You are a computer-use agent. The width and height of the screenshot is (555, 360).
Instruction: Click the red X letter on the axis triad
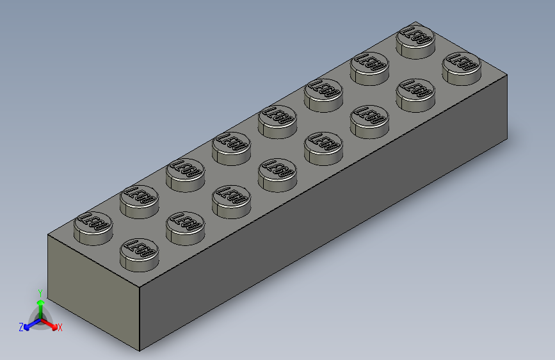(60, 327)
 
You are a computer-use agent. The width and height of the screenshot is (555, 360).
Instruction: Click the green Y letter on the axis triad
(40, 292)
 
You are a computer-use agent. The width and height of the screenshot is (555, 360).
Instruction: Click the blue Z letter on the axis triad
(21, 327)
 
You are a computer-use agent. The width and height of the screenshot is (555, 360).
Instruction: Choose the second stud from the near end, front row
(186, 227)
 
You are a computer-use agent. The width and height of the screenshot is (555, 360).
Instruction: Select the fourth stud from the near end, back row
(232, 147)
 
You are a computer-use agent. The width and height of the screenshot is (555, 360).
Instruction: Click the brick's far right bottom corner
(508, 137)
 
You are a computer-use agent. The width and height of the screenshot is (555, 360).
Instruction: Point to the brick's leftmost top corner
(49, 236)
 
